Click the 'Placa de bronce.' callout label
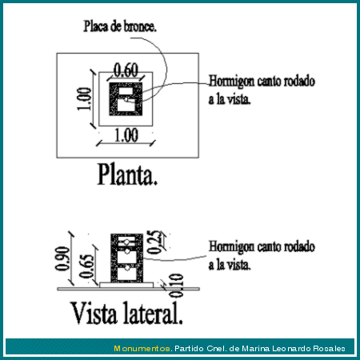(x=120, y=26)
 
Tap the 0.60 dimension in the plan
(x=126, y=70)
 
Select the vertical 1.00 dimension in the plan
(x=84, y=98)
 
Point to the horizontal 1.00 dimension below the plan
(x=126, y=135)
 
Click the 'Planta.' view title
(x=127, y=174)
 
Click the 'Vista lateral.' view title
(x=127, y=313)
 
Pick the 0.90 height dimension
(x=62, y=258)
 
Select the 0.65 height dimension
(x=87, y=266)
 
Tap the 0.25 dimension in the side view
(x=154, y=242)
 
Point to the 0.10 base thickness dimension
(x=177, y=286)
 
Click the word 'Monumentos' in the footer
(x=142, y=349)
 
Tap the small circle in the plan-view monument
(x=126, y=99)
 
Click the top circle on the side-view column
(x=127, y=242)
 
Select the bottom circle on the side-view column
(x=127, y=267)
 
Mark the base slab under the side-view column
(x=126, y=285)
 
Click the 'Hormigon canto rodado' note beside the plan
(x=262, y=81)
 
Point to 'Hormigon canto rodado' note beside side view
(x=262, y=246)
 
